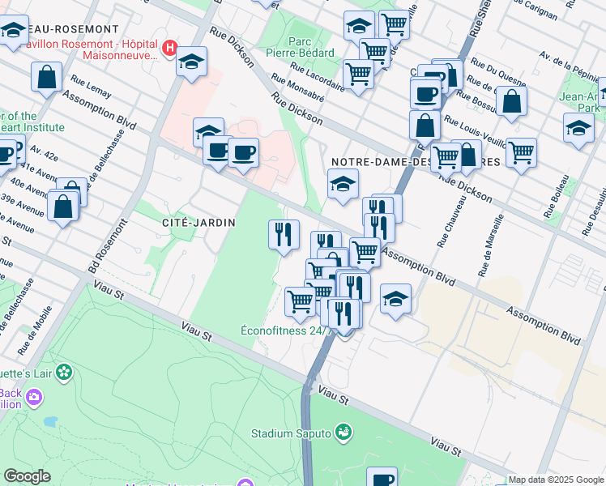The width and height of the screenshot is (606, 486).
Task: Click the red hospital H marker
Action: pyautogui.click(x=169, y=48)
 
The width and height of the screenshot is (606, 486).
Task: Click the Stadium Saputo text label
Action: pyautogui.click(x=292, y=433)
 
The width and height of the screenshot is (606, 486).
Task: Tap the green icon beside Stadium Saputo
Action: pyautogui.click(x=344, y=432)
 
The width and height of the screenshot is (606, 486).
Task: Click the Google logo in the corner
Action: pyautogui.click(x=28, y=476)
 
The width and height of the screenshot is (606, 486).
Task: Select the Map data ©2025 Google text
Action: pyautogui.click(x=556, y=480)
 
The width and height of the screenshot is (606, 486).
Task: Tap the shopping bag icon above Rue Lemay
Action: pyautogui.click(x=47, y=77)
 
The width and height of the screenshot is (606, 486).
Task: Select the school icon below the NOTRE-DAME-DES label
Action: pyautogui.click(x=343, y=185)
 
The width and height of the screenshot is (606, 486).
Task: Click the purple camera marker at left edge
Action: pyautogui.click(x=34, y=397)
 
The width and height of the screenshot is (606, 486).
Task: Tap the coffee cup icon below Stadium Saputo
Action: pyautogui.click(x=382, y=478)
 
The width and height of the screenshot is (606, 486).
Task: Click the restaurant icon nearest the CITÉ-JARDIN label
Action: pyautogui.click(x=284, y=234)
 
